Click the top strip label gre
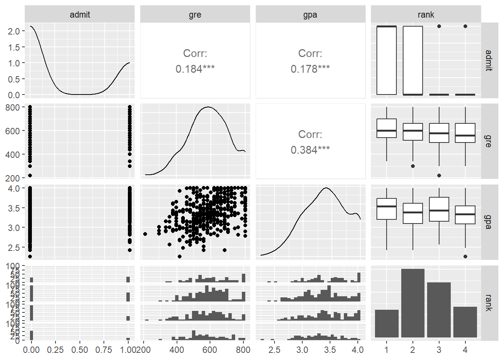(x=195, y=15)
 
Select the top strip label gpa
(x=310, y=15)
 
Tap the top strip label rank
(x=426, y=15)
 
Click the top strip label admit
(x=79, y=15)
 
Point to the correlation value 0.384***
(x=310, y=150)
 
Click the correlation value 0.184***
(x=195, y=69)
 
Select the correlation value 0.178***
(x=310, y=69)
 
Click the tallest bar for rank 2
(x=412, y=303)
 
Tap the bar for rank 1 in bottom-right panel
(x=387, y=323)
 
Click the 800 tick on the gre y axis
(x=12, y=108)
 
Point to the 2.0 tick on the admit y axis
(x=13, y=31)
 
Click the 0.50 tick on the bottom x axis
(x=79, y=350)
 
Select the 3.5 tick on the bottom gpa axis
(x=330, y=350)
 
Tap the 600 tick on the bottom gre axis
(x=210, y=350)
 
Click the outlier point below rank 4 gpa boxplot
(x=465, y=256)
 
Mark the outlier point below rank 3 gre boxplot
(x=439, y=175)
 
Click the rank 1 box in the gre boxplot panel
(x=387, y=128)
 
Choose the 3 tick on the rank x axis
(x=439, y=350)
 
